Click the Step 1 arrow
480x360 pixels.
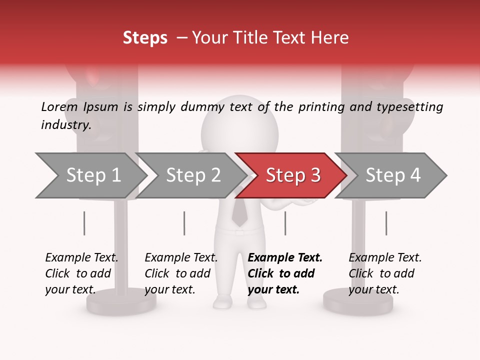pyautogui.click(x=90, y=175)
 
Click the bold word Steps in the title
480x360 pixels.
pyautogui.click(x=145, y=38)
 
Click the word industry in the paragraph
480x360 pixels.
pyautogui.click(x=65, y=125)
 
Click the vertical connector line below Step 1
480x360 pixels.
pyautogui.click(x=84, y=223)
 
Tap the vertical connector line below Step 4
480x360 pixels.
pyautogui.click(x=386, y=223)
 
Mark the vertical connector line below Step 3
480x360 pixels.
pyautogui.click(x=285, y=223)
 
